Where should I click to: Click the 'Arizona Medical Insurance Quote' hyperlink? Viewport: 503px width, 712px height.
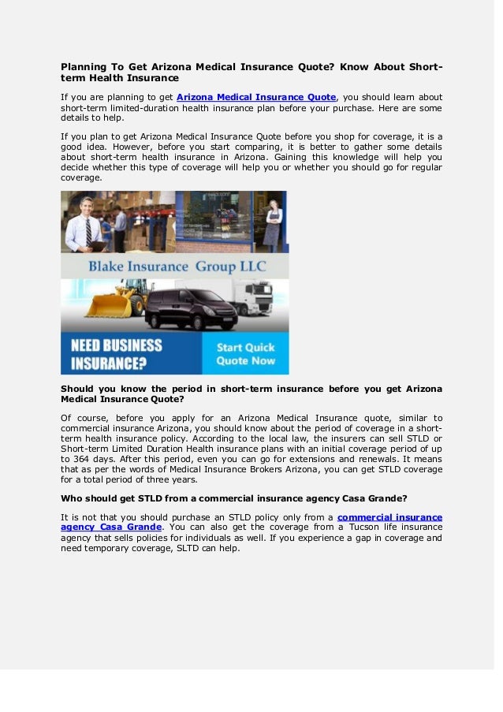256,97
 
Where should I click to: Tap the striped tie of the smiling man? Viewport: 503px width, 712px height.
88,232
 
